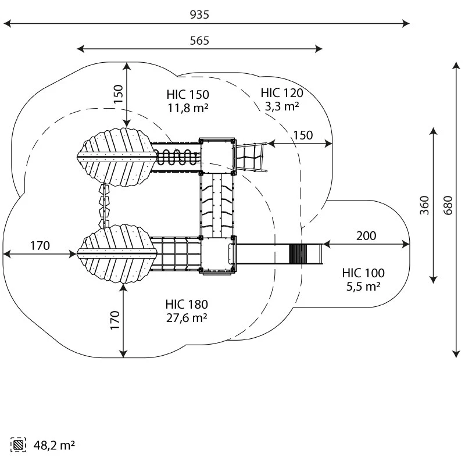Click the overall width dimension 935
199,15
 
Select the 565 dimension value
199,41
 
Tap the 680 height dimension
448,205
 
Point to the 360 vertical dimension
424,205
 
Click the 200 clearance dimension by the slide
366,236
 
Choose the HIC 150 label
188,95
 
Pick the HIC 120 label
282,93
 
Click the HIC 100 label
363,273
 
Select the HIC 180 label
187,304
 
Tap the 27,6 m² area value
187,317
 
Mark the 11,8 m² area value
188,108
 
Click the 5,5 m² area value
363,287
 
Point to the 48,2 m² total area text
54,445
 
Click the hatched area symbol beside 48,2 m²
18,445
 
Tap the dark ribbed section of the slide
295,254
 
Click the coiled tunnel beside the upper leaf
177,157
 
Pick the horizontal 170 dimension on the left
40,246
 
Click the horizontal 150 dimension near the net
303,135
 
